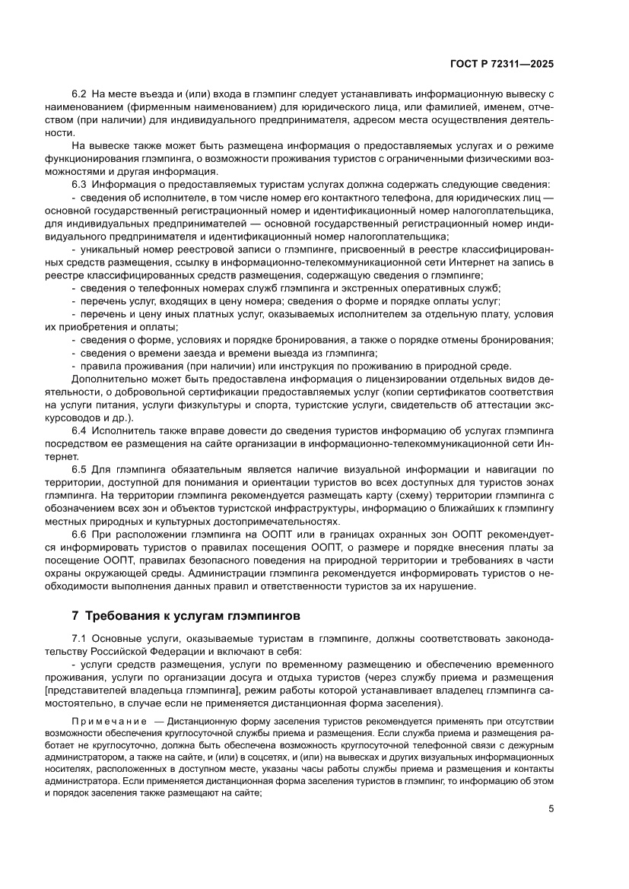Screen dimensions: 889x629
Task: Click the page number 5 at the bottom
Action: click(x=551, y=809)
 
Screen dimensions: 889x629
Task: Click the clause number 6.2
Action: click(x=80, y=94)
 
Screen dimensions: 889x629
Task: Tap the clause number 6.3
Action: click(x=80, y=185)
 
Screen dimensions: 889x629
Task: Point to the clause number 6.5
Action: click(x=80, y=469)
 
